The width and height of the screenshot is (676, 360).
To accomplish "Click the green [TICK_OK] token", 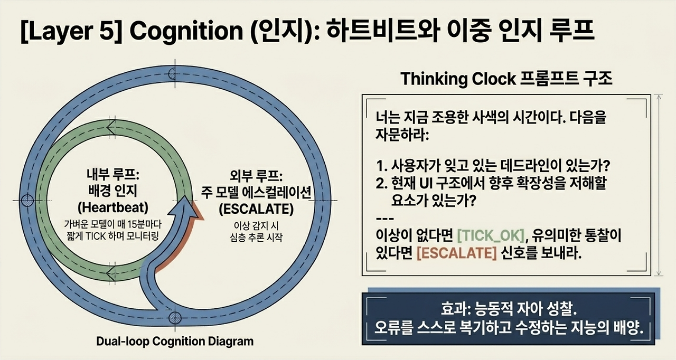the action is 491,235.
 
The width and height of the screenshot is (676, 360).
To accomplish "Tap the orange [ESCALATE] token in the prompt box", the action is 457,253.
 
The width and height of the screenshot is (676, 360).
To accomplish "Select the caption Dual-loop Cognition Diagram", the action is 175,342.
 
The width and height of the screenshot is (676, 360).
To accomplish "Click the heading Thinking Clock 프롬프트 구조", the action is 506,79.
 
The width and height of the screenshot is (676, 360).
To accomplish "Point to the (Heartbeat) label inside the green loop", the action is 113,207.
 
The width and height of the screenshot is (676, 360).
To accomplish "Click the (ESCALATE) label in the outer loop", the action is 256,209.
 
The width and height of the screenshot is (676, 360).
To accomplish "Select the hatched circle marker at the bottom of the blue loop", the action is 175,318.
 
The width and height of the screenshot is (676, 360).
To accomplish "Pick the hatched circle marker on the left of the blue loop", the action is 27,200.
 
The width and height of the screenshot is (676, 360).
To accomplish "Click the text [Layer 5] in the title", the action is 71,31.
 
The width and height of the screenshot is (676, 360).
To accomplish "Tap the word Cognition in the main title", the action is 186,31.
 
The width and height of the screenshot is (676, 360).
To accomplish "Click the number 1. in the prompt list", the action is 381,166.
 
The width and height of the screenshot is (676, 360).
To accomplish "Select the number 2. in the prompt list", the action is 381,183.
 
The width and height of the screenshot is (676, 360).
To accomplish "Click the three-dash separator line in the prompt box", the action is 385,219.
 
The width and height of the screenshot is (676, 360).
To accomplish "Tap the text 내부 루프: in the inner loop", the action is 113,175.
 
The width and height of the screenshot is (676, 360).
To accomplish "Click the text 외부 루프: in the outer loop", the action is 256,176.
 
